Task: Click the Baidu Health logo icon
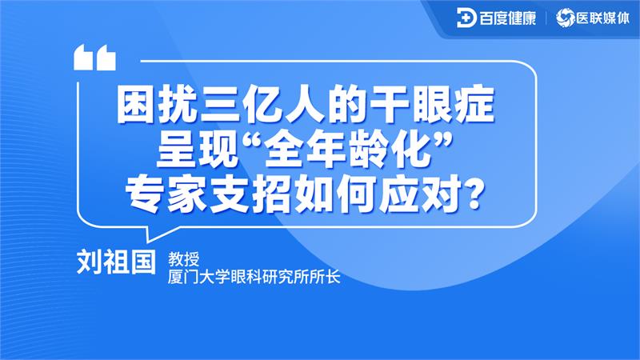466,18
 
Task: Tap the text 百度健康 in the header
507,18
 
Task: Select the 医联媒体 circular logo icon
565,18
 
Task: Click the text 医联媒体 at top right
601,18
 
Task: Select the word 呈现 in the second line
197,149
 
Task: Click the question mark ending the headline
473,193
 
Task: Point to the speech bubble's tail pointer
152,234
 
